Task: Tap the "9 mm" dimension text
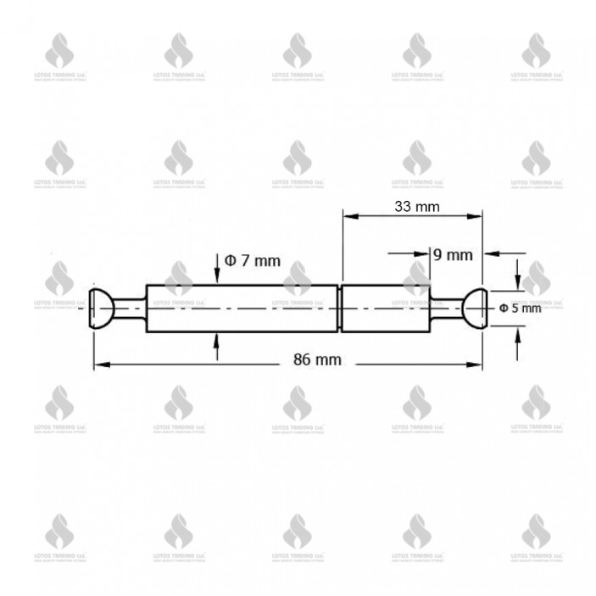click(x=452, y=253)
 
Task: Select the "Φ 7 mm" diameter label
click(x=252, y=261)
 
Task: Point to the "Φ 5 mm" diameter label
click(x=520, y=309)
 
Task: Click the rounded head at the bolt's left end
click(x=101, y=309)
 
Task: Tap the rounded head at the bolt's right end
click(x=473, y=309)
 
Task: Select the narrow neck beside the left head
click(x=129, y=309)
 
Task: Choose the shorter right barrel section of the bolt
click(x=386, y=309)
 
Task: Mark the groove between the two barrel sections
click(x=339, y=309)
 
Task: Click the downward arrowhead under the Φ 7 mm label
click(x=218, y=278)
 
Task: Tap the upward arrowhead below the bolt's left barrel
click(x=218, y=340)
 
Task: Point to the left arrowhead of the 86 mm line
click(x=98, y=365)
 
